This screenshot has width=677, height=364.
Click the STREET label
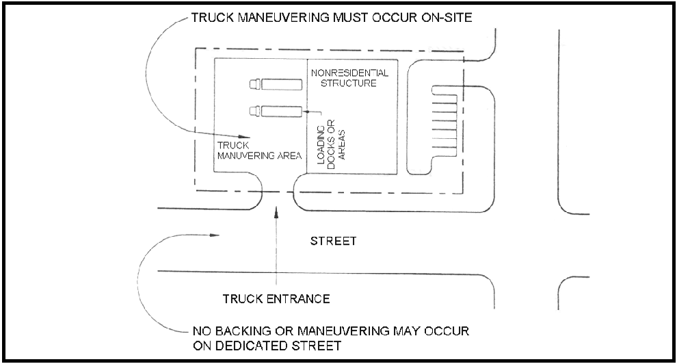(x=333, y=241)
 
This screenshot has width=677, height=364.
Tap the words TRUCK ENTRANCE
(x=276, y=299)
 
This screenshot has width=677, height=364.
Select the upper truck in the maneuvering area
(x=276, y=84)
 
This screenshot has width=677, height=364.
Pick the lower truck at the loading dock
(x=276, y=112)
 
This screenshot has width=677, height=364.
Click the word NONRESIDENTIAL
(x=349, y=73)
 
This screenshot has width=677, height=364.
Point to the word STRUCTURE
(x=349, y=83)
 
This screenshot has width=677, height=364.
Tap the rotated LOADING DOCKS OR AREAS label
(x=331, y=143)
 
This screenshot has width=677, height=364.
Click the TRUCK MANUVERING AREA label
(x=259, y=151)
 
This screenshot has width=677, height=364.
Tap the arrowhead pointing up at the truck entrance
(x=276, y=211)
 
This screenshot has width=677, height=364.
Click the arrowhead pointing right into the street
(x=215, y=235)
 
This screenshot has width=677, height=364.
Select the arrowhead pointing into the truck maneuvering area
(x=245, y=136)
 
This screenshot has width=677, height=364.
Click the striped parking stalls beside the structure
(x=444, y=121)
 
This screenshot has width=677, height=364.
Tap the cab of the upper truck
(x=255, y=84)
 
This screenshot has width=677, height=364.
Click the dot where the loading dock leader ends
(x=306, y=112)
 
